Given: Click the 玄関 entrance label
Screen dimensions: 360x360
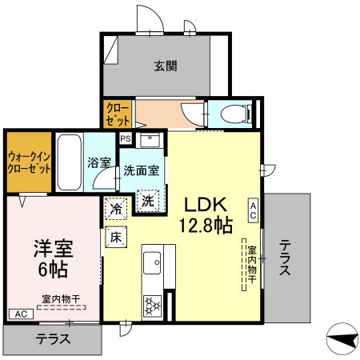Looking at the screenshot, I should (x=166, y=66).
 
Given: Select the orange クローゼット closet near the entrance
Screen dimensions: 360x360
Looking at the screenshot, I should (x=118, y=114).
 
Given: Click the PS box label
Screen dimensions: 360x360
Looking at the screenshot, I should (x=125, y=138).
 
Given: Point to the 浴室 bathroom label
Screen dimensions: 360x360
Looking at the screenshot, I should (x=99, y=161).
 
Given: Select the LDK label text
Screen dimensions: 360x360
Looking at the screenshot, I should (x=209, y=202).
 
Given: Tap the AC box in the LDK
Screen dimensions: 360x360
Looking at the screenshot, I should (x=253, y=210).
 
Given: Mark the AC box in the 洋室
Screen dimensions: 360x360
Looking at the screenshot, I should (x=17, y=314).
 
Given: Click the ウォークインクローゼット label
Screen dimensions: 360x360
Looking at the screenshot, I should (x=29, y=162).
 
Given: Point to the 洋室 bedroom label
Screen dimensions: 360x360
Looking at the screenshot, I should (x=53, y=248).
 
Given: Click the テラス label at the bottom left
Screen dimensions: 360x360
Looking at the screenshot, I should (x=54, y=338).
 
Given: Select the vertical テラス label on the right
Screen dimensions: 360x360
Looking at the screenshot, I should (x=285, y=258).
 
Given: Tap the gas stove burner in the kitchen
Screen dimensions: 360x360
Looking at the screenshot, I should (x=152, y=305).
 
